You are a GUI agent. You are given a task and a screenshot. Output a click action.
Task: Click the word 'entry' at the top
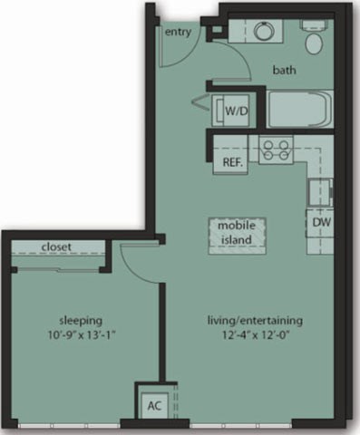tap(179, 33)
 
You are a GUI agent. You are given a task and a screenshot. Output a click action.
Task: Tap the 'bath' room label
tap(287, 69)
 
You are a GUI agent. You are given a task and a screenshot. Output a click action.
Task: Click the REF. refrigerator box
tap(232, 163)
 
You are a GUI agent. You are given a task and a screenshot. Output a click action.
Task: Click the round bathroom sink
tap(264, 32)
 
